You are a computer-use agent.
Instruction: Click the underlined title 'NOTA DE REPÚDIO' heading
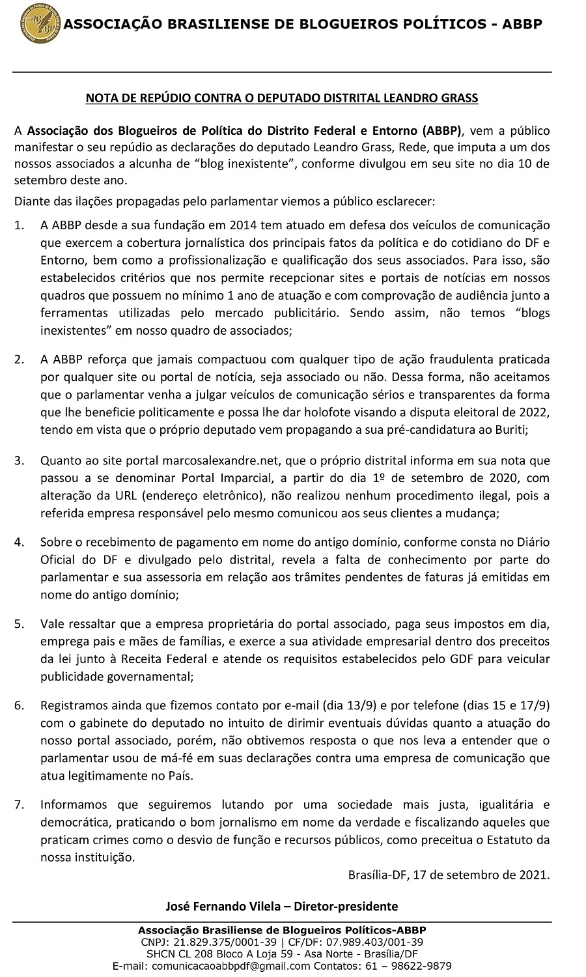click(x=282, y=98)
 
